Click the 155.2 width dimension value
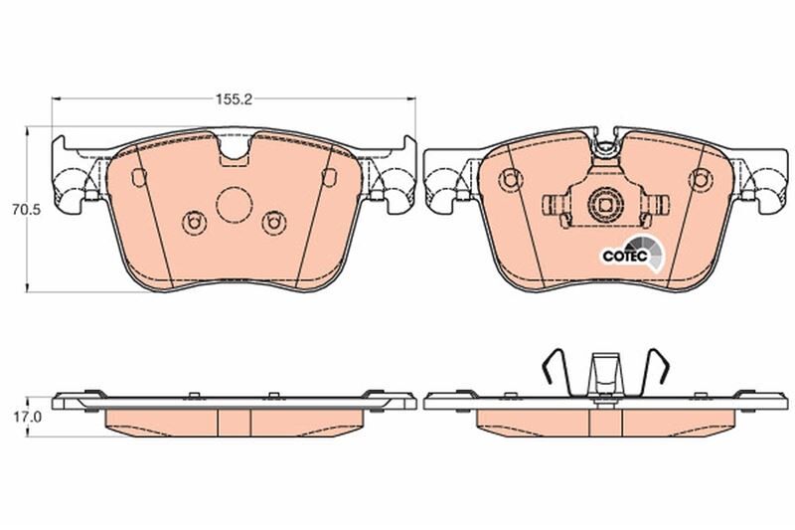tap(234, 99)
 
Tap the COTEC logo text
tap(625, 256)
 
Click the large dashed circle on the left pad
tap(235, 205)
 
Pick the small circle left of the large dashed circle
tap(194, 223)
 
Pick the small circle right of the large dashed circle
tap(274, 223)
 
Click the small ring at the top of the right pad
tap(604, 148)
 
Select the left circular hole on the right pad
tap(511, 180)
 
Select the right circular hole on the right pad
tap(701, 180)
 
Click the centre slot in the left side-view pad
tap(235, 422)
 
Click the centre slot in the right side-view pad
tap(606, 422)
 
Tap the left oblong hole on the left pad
tap(139, 176)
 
